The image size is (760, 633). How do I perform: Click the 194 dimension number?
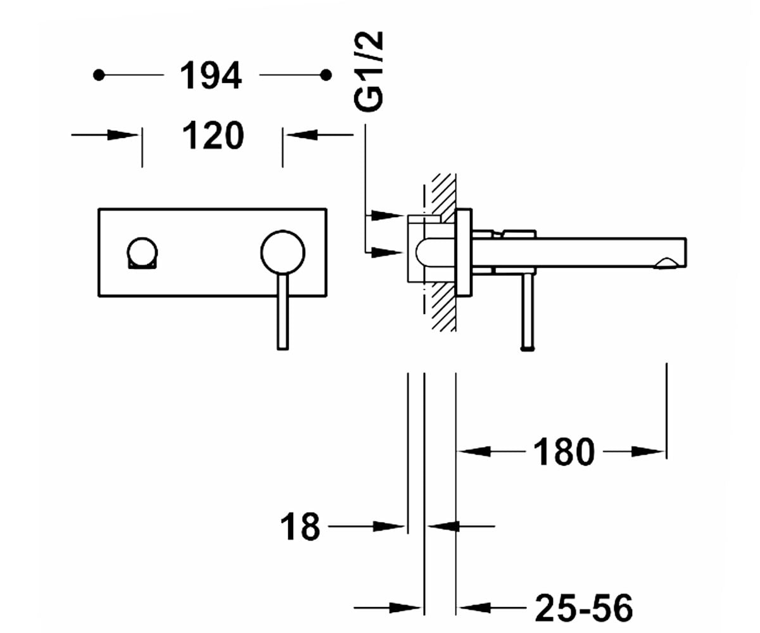(x=211, y=75)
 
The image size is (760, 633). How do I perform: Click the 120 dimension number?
(x=213, y=135)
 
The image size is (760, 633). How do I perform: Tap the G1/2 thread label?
(x=369, y=72)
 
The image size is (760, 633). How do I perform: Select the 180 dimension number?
(x=564, y=451)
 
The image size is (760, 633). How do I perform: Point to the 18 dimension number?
(x=300, y=527)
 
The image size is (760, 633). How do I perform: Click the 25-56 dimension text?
(x=584, y=608)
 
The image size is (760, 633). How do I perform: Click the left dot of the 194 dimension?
(x=99, y=75)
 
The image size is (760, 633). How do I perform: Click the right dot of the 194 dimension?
(x=326, y=75)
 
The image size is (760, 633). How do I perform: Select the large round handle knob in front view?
(x=283, y=252)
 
